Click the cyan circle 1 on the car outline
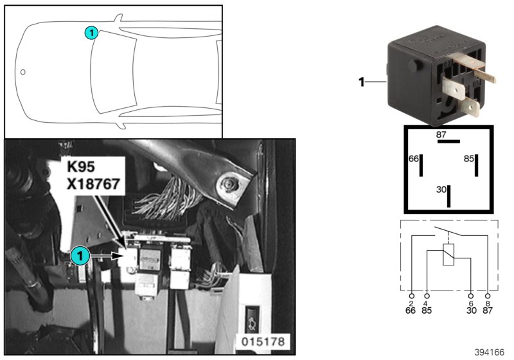(91, 32)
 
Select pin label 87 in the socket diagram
(441, 135)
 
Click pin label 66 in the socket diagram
(414, 158)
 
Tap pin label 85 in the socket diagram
(468, 158)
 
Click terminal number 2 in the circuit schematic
(411, 303)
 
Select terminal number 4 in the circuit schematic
(426, 303)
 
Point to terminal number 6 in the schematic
(472, 303)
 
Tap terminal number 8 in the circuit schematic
(488, 303)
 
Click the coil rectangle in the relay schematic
(448, 255)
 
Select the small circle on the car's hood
(23, 71)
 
